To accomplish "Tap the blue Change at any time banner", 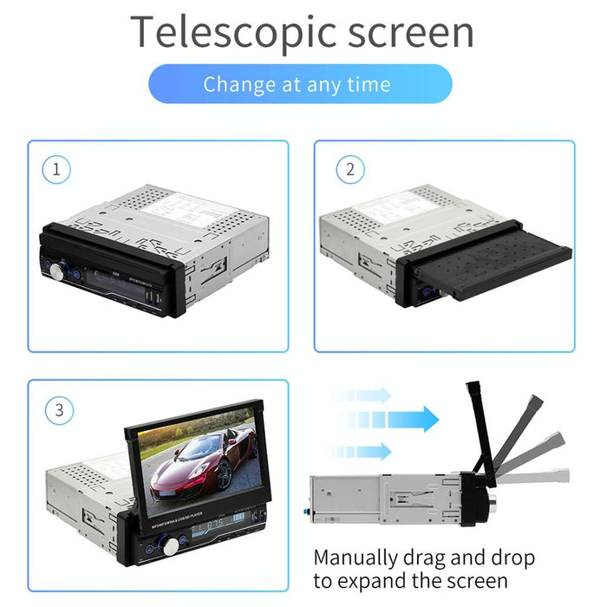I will tap(300, 84).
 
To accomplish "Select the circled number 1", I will tap(57, 169).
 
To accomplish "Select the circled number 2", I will tap(349, 169).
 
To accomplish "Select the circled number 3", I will tap(59, 410).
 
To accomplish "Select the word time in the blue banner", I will tap(369, 84).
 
